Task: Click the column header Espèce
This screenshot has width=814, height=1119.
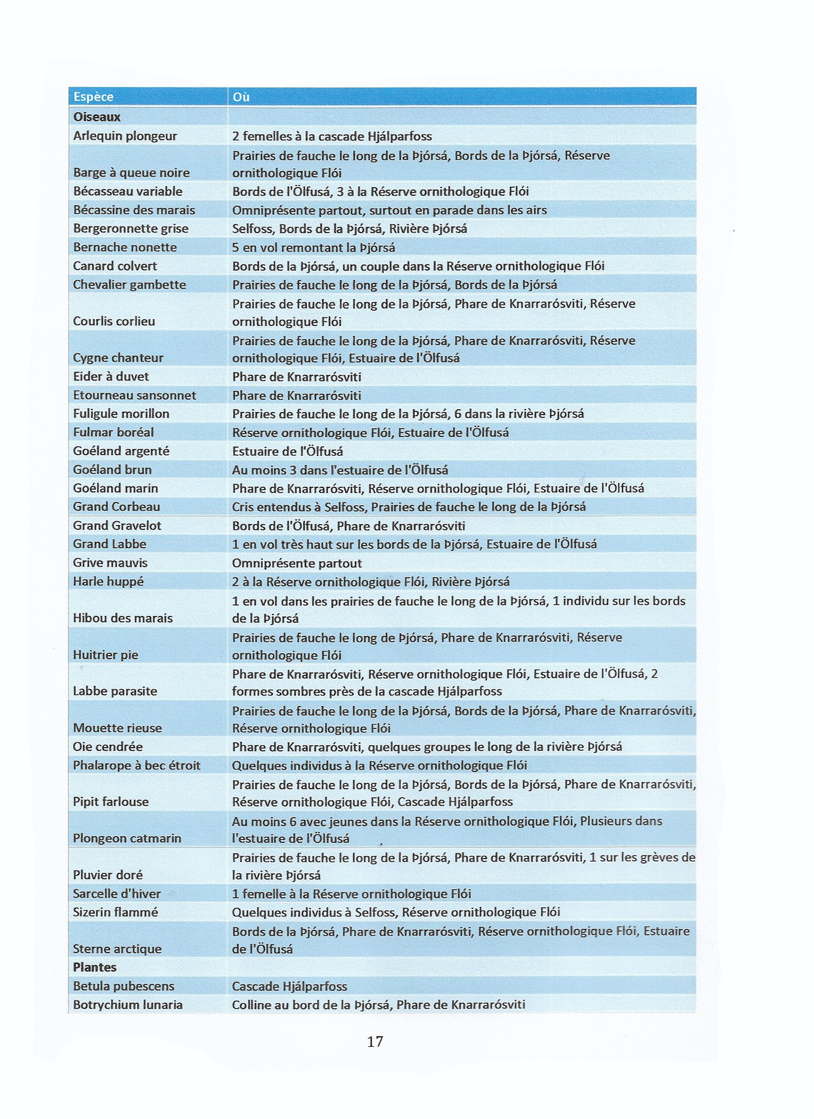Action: (93, 97)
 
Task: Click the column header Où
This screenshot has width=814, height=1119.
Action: (241, 97)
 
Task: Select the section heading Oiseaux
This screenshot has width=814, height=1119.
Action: (97, 117)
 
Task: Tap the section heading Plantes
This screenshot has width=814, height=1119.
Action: (95, 967)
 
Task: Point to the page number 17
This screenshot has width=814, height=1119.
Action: (375, 1042)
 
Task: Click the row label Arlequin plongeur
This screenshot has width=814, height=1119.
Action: (125, 136)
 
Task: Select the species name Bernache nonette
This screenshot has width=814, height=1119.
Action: (125, 247)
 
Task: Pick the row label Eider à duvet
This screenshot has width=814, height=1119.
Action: (111, 376)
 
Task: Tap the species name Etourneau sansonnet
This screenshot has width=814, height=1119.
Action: (134, 395)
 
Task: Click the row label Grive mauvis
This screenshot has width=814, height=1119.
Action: (110, 563)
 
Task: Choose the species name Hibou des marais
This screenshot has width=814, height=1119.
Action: (123, 618)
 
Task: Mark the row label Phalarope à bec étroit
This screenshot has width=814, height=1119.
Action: (137, 765)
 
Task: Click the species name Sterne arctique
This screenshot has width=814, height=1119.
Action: (118, 949)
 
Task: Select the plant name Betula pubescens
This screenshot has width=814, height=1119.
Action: (124, 986)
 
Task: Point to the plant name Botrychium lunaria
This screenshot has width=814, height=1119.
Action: (128, 1005)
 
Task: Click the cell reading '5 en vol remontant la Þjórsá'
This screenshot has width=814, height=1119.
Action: (313, 248)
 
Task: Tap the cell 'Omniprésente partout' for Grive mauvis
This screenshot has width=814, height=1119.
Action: (297, 563)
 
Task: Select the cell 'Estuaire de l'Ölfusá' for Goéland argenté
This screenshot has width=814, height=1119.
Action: (287, 451)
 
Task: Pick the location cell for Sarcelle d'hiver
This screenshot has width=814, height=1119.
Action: (352, 894)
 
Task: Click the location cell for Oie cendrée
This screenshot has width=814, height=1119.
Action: (427, 747)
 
